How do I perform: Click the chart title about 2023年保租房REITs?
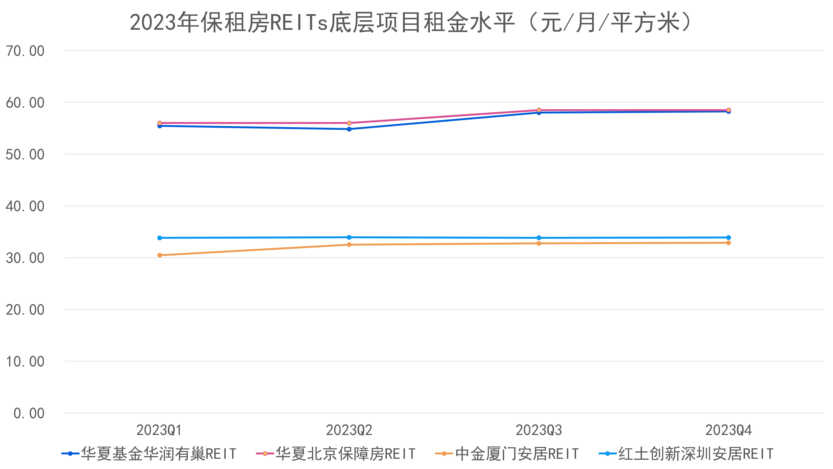[411, 23]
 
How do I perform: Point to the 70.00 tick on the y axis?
[25, 51]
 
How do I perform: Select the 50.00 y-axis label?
[25, 155]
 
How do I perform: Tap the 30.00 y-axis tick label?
[25, 258]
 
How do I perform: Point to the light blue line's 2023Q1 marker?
[159, 238]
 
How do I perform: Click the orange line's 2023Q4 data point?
[728, 243]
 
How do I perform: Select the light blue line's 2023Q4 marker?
[728, 238]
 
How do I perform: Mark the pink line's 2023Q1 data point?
[159, 123]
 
